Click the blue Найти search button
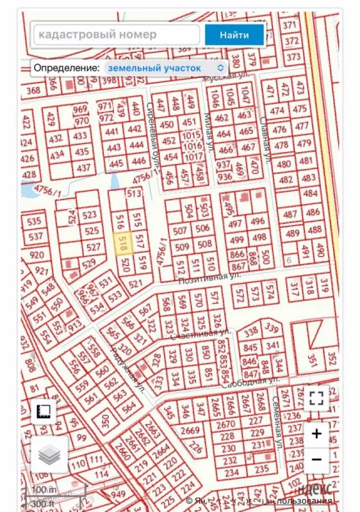[234, 35]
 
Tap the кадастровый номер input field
[115, 35]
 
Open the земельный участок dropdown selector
[165, 67]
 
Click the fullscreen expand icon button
[316, 398]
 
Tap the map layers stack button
[49, 454]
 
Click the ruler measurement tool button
[44, 412]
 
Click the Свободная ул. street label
[251, 383]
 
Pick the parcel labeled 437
[83, 168]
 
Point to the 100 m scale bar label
[44, 490]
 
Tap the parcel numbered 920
[37, 255]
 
